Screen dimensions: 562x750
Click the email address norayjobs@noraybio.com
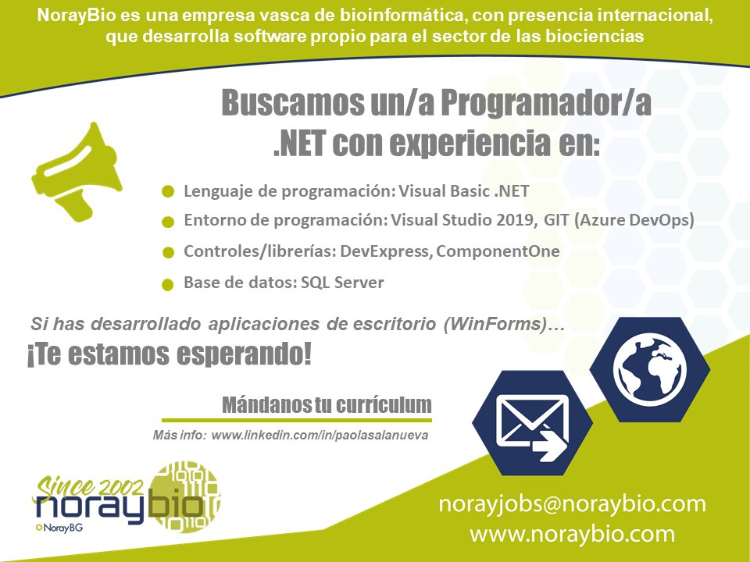click(x=572, y=504)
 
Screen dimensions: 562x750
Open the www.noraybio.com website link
click(x=572, y=534)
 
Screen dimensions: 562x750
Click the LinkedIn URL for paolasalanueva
click(x=320, y=436)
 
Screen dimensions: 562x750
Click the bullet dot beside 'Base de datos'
click(x=167, y=285)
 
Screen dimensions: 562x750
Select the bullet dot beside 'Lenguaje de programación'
click(x=167, y=192)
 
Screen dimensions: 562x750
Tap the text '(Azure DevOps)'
click(x=634, y=220)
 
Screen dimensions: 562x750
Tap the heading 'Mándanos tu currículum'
click(x=327, y=405)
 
